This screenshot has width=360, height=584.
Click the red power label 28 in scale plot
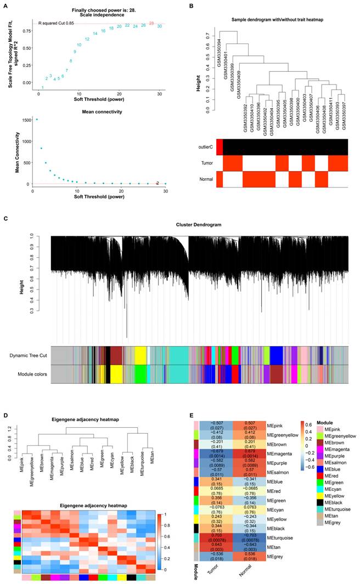151,23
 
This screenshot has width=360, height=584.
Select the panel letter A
5,6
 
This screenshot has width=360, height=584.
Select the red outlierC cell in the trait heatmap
220,147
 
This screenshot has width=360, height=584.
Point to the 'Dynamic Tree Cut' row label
27,355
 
